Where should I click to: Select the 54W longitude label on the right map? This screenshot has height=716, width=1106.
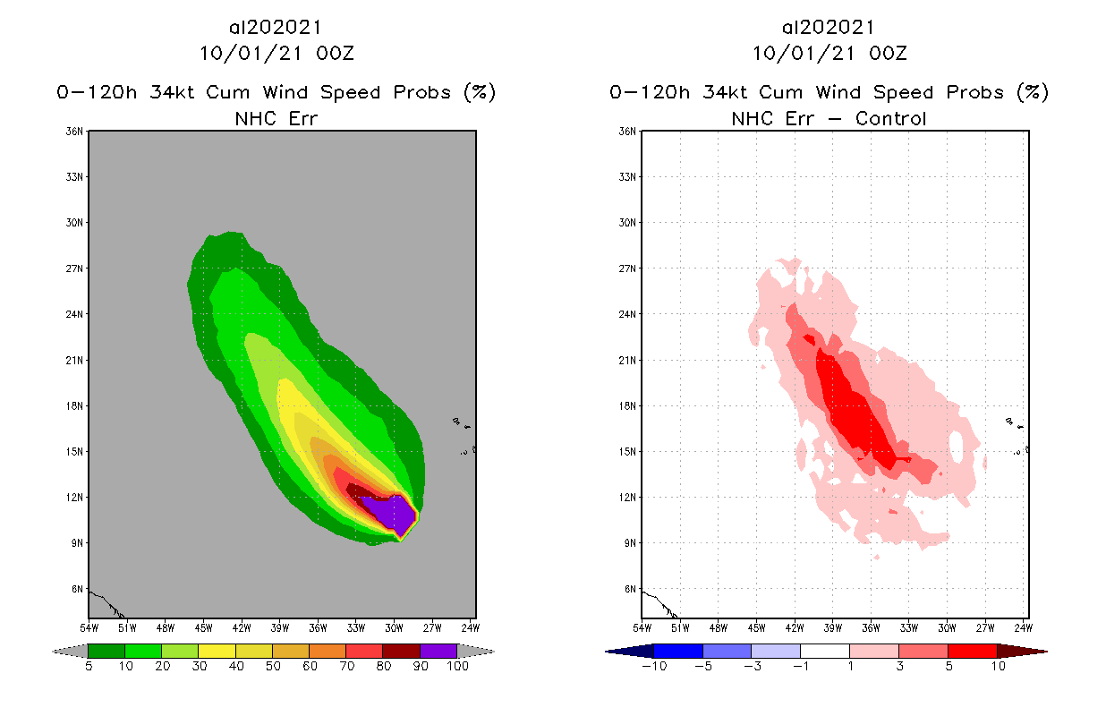tap(642, 626)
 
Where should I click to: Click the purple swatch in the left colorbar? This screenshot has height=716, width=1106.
tap(438, 651)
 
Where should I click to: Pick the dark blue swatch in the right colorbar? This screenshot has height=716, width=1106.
tap(678, 651)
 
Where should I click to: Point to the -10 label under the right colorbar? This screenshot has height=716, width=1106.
tap(653, 666)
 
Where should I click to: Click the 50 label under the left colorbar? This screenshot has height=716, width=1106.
tap(272, 666)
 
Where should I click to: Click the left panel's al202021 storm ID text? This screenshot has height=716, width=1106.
tap(276, 28)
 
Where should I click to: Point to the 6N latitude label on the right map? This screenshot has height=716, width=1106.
tap(631, 589)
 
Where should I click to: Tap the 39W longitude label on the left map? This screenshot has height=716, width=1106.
tap(279, 626)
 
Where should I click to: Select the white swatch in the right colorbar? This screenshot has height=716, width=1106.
tap(824, 651)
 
